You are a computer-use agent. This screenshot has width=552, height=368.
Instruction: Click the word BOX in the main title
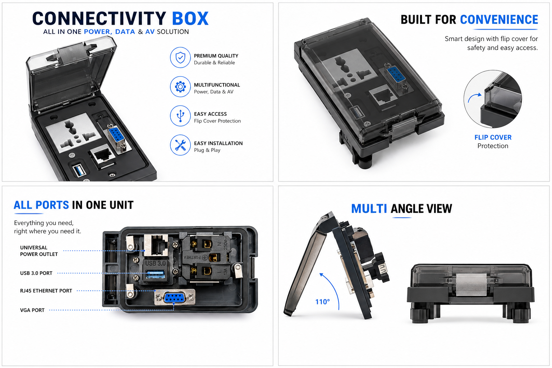click(190, 19)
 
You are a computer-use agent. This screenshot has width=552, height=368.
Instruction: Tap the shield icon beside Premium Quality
click(180, 57)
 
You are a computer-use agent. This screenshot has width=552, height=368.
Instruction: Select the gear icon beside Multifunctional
click(180, 87)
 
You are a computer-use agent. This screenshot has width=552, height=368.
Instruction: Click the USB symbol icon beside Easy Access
click(180, 116)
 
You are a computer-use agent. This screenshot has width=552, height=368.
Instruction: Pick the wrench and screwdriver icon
click(180, 145)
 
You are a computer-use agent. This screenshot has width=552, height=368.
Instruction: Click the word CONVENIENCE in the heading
click(499, 20)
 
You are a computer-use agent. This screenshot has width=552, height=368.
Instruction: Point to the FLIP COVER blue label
click(493, 137)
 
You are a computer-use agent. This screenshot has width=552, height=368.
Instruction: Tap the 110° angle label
click(322, 302)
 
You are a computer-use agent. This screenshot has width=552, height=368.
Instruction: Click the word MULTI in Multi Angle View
click(369, 208)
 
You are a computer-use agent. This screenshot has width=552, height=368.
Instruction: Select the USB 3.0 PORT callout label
click(36, 273)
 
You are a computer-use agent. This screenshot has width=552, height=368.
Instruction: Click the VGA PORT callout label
click(32, 310)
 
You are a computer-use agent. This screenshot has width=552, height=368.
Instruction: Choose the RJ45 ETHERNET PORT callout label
click(46, 291)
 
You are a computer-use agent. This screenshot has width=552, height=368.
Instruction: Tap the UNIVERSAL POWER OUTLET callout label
click(39, 251)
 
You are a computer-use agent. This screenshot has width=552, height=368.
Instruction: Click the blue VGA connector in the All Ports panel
click(174, 298)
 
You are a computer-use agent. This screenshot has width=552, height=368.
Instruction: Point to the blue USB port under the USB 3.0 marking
click(155, 274)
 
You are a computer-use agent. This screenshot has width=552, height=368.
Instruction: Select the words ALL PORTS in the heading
click(41, 205)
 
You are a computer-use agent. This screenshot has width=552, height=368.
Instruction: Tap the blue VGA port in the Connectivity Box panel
click(115, 134)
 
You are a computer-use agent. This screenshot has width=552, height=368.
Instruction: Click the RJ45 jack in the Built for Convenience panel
click(383, 96)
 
